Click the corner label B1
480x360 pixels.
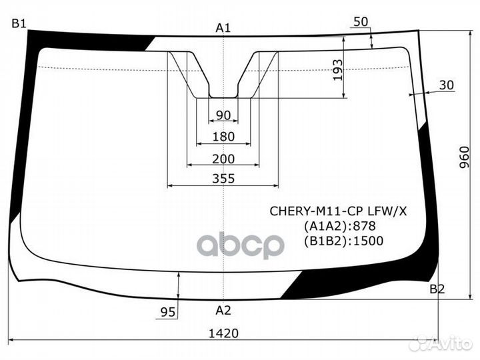point(19,24)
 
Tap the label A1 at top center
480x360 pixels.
point(223,27)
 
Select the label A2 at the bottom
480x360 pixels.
point(223,309)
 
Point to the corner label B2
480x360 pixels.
point(437,289)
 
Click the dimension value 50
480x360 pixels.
point(361,21)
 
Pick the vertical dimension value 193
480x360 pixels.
point(337,69)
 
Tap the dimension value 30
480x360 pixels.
point(447,85)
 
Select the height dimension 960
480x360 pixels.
point(465,157)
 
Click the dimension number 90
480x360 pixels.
point(223,115)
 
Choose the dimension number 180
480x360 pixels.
point(223,137)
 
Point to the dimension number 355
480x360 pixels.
point(223,179)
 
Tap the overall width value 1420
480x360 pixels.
point(223,333)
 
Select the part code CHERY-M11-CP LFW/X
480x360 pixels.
point(338,211)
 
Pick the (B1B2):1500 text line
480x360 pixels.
point(343,241)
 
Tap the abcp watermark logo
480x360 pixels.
point(241,245)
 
